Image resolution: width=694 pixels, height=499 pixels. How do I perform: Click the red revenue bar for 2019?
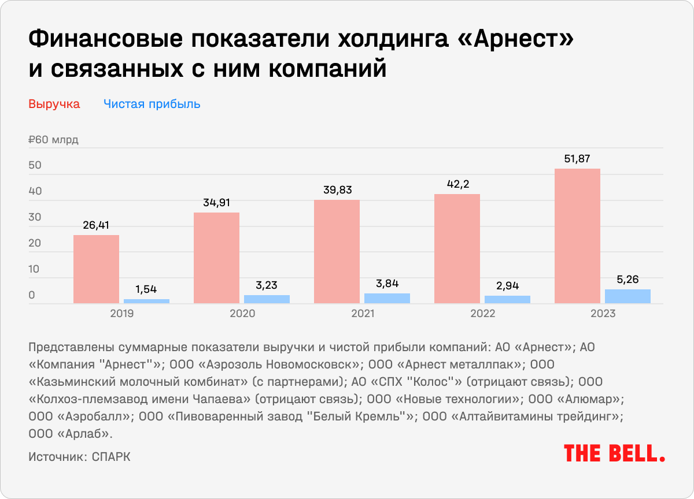(96, 269)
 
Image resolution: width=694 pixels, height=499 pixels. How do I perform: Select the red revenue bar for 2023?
(577, 236)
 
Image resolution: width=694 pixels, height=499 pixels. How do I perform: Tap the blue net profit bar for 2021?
(387, 298)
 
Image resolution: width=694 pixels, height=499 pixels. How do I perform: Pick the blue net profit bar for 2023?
(627, 296)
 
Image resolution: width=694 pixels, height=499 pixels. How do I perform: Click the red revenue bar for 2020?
(216, 258)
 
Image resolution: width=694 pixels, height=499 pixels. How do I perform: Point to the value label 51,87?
(577, 159)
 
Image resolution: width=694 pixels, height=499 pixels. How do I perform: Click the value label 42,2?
(457, 184)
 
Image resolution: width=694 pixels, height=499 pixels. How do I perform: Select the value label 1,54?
(146, 289)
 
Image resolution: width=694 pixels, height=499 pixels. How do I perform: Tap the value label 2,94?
(507, 285)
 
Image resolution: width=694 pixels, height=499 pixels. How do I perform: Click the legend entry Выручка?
(54, 105)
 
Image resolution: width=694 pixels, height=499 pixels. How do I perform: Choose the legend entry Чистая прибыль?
(152, 105)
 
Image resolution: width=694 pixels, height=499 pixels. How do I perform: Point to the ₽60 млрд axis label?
(53, 140)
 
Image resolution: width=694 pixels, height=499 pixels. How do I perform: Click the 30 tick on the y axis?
(35, 218)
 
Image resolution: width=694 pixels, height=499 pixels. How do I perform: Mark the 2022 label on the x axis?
(482, 314)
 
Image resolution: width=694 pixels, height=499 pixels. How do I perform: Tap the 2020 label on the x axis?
(242, 314)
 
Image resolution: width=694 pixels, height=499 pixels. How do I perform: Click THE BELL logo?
(614, 453)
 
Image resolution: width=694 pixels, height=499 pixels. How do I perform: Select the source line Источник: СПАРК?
(79, 456)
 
